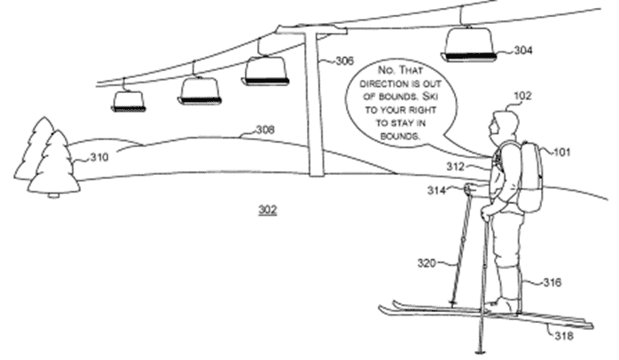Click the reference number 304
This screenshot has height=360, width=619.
[523, 51]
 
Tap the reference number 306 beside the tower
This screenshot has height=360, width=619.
[345, 61]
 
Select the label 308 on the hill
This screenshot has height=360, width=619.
[265, 129]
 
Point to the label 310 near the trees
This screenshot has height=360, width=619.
[99, 157]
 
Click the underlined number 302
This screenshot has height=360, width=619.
[268, 209]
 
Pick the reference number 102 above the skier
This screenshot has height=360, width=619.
[522, 96]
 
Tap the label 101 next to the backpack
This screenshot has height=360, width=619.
[561, 152]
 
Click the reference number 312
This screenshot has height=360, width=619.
[455, 167]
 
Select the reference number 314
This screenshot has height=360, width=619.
[436, 191]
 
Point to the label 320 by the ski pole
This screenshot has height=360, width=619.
[427, 262]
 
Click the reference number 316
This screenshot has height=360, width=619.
[552, 282]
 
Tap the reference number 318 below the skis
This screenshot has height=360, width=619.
[564, 336]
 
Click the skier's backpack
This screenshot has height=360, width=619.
[529, 176]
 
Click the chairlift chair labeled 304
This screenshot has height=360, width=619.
[469, 43]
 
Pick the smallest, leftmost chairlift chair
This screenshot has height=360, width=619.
[129, 101]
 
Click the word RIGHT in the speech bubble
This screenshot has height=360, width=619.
[423, 110]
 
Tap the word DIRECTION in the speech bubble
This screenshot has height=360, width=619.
[378, 84]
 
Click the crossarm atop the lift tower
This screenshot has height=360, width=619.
[312, 28]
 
